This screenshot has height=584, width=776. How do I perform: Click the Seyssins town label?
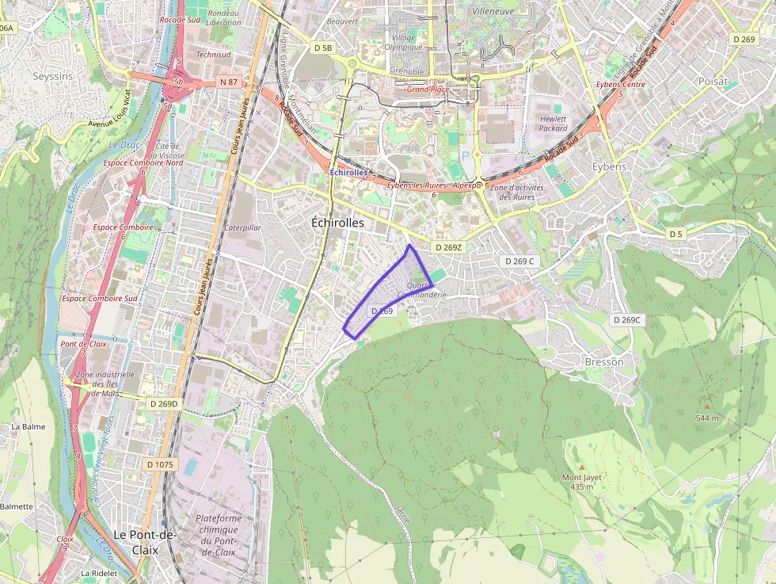coord(52,76)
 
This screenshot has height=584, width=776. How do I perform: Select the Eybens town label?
coord(609,166)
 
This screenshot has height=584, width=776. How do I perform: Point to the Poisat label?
coord(713,81)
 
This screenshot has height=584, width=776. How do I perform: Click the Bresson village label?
coord(603,361)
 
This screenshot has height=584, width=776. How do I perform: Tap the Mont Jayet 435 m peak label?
coord(582,481)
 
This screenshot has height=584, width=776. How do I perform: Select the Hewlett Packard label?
coord(553,123)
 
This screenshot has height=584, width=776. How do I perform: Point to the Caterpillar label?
coord(242,227)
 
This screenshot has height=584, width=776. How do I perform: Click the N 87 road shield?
coord(229,82)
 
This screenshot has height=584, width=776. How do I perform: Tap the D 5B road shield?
coord(323,48)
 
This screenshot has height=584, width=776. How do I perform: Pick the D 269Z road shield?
coord(447,247)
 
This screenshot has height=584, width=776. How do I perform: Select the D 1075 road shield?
coord(160,464)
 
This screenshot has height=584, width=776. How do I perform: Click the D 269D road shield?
coord(163,403)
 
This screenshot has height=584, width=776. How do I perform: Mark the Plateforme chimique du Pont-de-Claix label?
coord(218,534)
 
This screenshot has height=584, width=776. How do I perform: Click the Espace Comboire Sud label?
coord(99,298)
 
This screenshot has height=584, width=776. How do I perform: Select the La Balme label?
coord(28,426)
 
